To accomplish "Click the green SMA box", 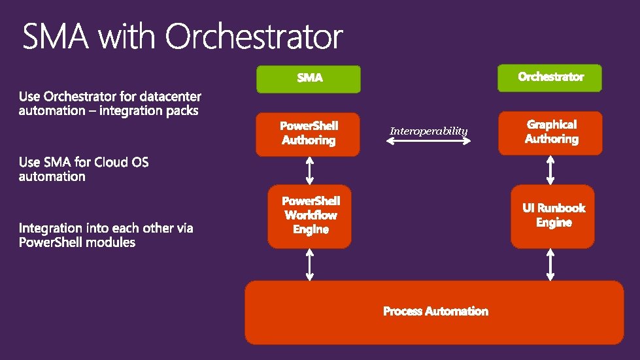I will pyautogui.click(x=308, y=78).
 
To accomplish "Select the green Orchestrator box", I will pyautogui.click(x=550, y=77).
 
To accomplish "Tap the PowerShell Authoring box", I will pyautogui.click(x=308, y=133).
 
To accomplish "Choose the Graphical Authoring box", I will pyautogui.click(x=550, y=132).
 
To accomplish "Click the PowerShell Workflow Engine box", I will pyautogui.click(x=310, y=216).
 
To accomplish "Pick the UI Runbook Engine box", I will pyautogui.click(x=553, y=216).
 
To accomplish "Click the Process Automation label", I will pyautogui.click(x=435, y=312).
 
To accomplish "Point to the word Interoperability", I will pyautogui.click(x=429, y=131).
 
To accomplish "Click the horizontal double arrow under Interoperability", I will pyautogui.click(x=429, y=141).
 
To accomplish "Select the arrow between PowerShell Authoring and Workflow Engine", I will pyautogui.click(x=309, y=171).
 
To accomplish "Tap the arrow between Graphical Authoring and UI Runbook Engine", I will pyautogui.click(x=550, y=170).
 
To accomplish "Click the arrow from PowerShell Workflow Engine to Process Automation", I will pyautogui.click(x=310, y=265).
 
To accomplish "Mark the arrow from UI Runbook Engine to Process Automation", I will pyautogui.click(x=550, y=265).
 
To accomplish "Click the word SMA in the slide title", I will pyautogui.click(x=55, y=37).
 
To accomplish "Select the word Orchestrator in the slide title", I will pyautogui.click(x=254, y=37).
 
